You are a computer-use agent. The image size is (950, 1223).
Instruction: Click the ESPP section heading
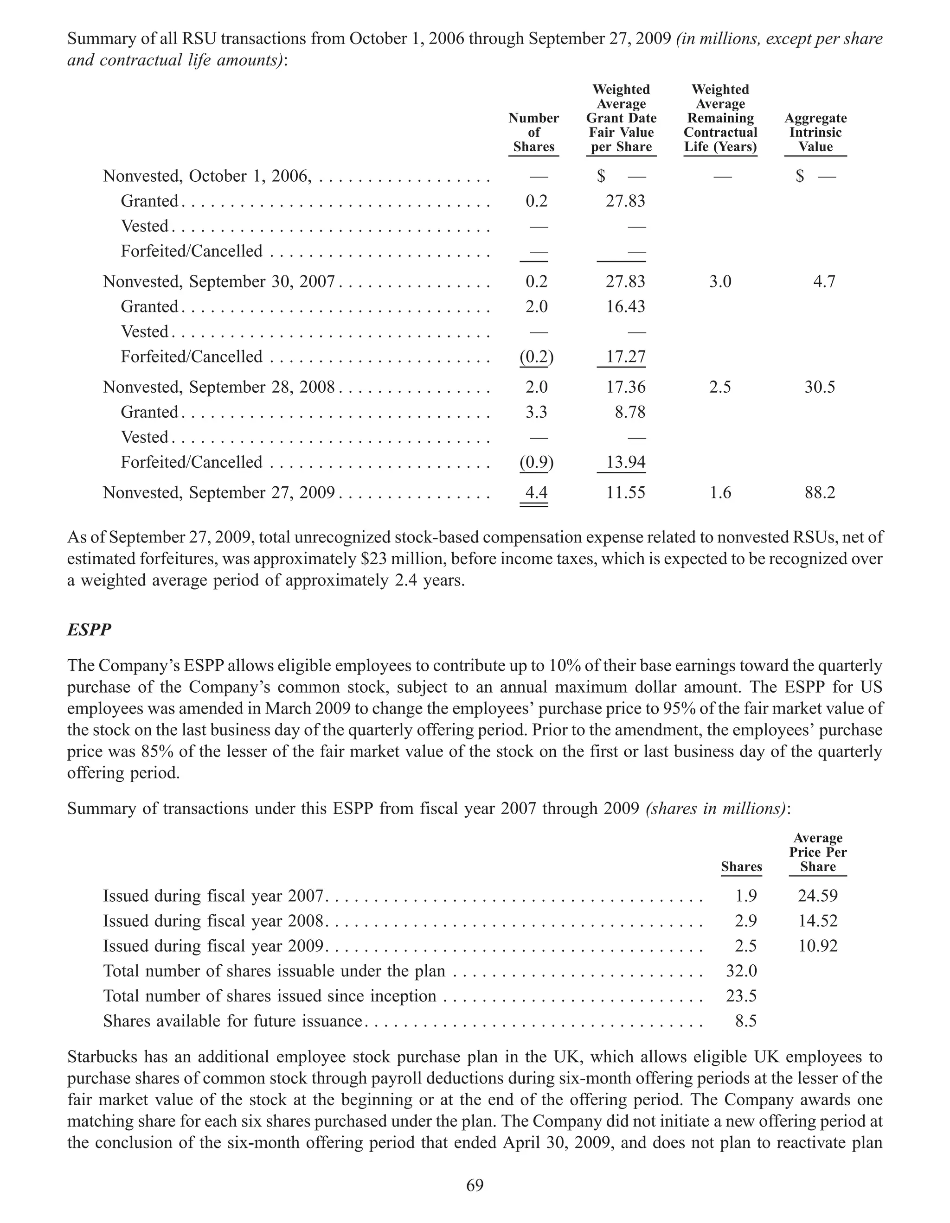click(89, 630)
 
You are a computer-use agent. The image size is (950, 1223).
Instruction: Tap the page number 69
click(475, 1185)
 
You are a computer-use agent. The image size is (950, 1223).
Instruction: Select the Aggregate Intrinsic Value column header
click(815, 133)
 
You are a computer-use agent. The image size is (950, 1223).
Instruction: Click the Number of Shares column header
click(533, 133)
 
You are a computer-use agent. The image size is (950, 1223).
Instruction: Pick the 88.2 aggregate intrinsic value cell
click(820, 493)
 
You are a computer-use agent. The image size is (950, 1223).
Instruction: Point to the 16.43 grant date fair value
click(625, 307)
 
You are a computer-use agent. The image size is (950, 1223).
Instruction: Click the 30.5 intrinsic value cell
click(820, 388)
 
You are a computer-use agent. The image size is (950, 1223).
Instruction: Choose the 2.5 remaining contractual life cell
click(720, 388)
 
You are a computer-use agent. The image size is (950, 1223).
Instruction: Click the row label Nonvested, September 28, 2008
click(218, 388)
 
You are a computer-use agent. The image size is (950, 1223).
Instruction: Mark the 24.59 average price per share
click(817, 896)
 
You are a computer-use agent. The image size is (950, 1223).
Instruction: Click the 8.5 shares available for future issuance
click(745, 1021)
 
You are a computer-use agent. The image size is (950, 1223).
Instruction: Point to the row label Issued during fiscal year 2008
click(213, 921)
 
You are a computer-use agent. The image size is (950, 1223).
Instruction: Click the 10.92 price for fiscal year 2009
click(817, 946)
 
